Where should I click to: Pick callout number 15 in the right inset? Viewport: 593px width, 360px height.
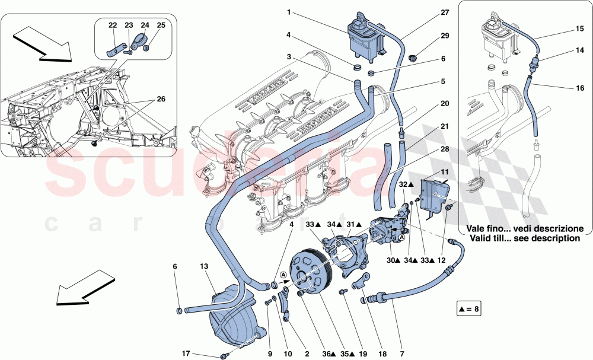(579, 28)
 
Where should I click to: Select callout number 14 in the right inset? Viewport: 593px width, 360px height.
(579, 52)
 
